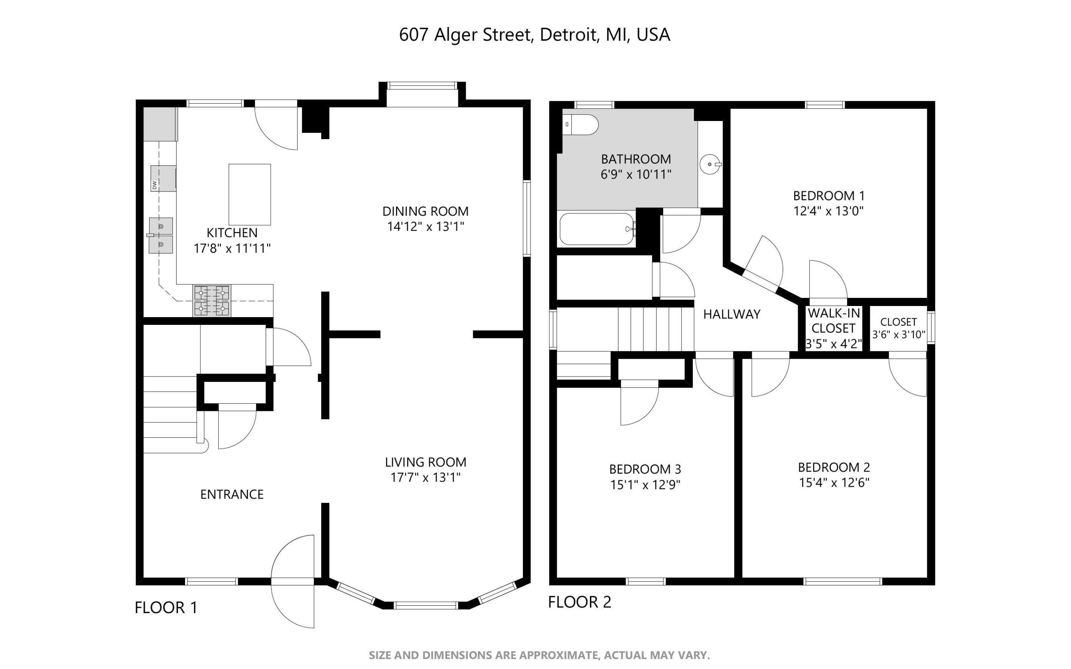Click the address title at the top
(535, 35)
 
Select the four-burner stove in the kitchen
(212, 301)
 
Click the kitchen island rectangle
(249, 195)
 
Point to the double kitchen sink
(160, 235)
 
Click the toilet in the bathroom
(580, 125)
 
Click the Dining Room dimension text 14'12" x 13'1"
(425, 227)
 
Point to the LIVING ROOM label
(425, 462)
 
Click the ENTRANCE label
(232, 494)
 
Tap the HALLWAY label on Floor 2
(732, 314)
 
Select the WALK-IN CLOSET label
(834, 321)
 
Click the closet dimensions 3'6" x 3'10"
(898, 334)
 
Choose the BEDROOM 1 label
(829, 195)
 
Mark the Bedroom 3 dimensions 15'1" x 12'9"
(645, 485)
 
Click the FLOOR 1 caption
(166, 607)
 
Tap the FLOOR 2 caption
(580, 602)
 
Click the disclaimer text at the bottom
(539, 655)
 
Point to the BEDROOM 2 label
(834, 467)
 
